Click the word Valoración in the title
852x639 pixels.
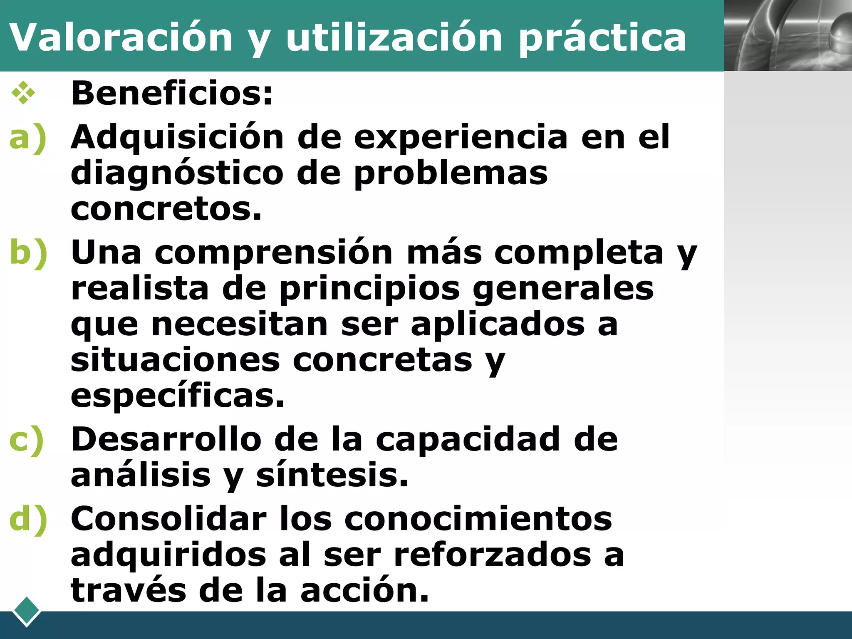pos(121,37)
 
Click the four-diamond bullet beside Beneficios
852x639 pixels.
pos(23,93)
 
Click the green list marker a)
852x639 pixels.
pos(28,138)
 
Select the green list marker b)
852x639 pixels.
pos(28,253)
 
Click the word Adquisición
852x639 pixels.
pos(177,138)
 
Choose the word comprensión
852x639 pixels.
pos(274,253)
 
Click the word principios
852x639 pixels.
pos(369,288)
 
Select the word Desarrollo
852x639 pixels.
pos(166,439)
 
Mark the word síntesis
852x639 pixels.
pos(332,475)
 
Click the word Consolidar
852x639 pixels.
pos(168,519)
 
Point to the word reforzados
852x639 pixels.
pos(492,555)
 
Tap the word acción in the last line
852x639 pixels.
pos(364,590)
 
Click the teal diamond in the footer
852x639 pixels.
pos(26,611)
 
